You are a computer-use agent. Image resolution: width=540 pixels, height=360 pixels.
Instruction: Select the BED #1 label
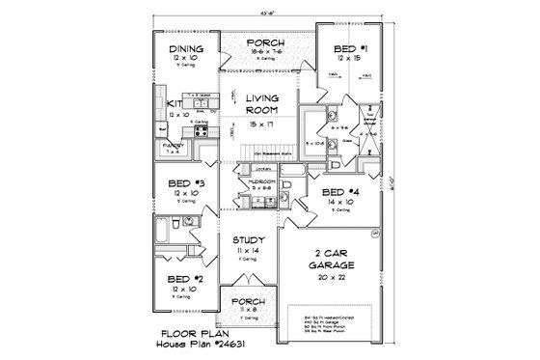coord(343,47)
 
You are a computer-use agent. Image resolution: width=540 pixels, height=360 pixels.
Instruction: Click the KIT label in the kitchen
coord(174,104)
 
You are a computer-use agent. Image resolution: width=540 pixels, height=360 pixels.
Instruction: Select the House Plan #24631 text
coord(192,343)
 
